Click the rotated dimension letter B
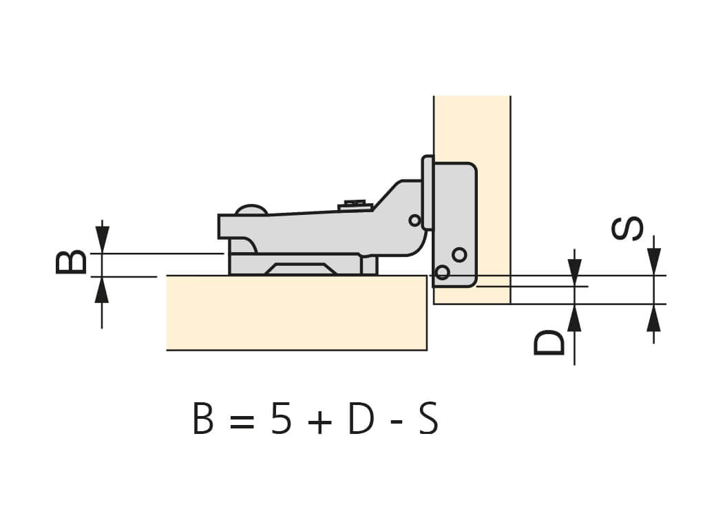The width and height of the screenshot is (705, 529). [x=71, y=262]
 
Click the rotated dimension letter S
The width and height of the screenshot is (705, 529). [x=627, y=228]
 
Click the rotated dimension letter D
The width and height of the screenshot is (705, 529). [x=549, y=343]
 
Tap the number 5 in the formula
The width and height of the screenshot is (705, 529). [x=281, y=419]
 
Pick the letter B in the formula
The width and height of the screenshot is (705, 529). [x=203, y=419]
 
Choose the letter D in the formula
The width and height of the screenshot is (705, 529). [x=361, y=419]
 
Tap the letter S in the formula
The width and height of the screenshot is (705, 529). [x=428, y=419]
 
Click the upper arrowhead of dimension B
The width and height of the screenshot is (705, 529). [x=103, y=238]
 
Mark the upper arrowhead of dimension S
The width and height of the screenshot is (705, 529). [x=654, y=261]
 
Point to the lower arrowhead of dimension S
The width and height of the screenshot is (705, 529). [x=654, y=318]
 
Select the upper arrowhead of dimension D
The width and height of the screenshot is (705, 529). [x=575, y=272]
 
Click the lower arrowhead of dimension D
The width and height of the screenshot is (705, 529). [x=575, y=318]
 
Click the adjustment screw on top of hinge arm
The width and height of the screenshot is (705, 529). [x=356, y=206]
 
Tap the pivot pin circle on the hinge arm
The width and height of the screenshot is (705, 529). [x=414, y=220]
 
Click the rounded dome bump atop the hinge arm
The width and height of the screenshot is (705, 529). [x=251, y=209]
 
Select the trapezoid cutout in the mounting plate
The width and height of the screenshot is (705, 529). [x=300, y=269]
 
